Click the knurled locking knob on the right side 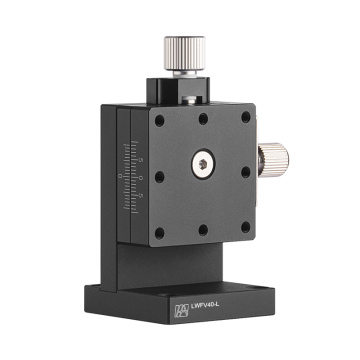[x=271, y=157]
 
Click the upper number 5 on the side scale [x=143, y=158]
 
